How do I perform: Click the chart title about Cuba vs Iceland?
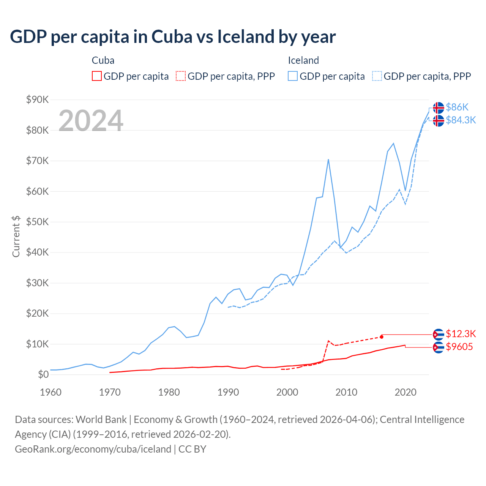pos(173,37)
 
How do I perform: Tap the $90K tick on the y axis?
pos(37,100)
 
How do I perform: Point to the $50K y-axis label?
pos(37,222)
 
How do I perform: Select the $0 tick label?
pos(43,375)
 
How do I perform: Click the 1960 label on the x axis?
pos(50,392)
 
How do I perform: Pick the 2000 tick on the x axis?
pos(287,392)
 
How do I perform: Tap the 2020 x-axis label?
pos(406,392)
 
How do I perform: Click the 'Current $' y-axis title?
pos(16,236)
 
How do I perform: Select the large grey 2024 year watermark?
pos(91,121)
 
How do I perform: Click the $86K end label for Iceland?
pos(457,107)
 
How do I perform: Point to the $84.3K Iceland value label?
pos(461,120)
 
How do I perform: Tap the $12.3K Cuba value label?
pos(461,334)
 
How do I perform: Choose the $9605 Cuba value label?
pos(459,347)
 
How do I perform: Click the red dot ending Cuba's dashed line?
pos(382,337)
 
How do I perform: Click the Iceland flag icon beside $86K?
pos(439,107)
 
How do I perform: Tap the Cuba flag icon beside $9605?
pos(439,347)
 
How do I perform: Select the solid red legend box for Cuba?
pos(97,76)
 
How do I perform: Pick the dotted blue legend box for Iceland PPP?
pos(377,76)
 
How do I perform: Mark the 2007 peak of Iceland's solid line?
pos(328,159)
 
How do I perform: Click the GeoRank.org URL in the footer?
pos(93,449)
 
